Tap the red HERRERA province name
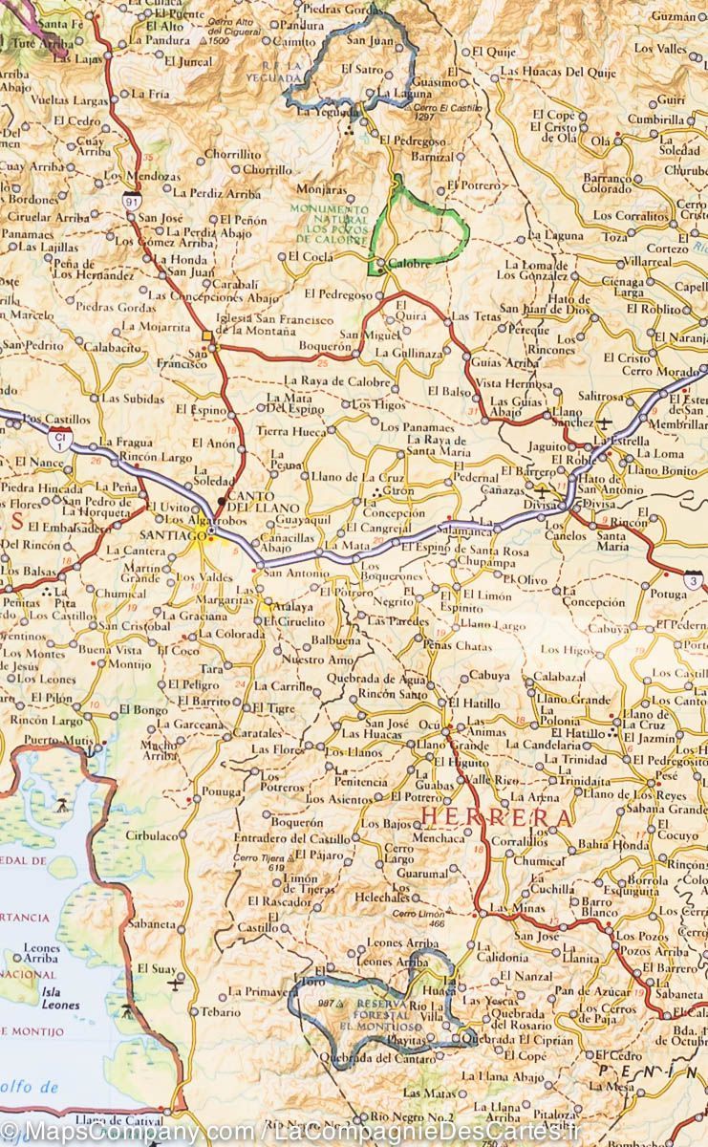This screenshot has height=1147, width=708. click(498, 818)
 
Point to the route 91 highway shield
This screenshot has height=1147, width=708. click(129, 200)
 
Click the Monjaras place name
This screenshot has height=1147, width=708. click(322, 189)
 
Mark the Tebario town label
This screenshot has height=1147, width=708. click(221, 1011)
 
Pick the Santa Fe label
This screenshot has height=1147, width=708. click(61, 23)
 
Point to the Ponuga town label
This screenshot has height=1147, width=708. click(222, 791)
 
